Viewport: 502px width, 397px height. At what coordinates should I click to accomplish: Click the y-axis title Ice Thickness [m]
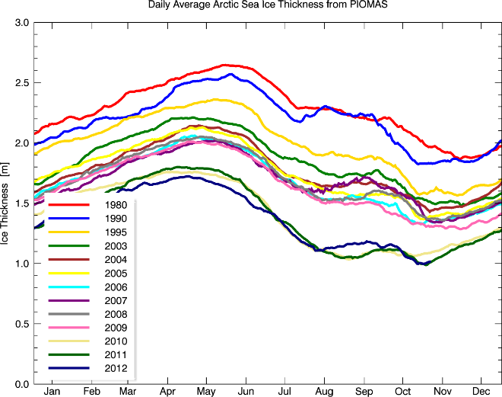pos(6,203)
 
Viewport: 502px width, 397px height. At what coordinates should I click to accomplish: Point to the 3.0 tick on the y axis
pos(21,23)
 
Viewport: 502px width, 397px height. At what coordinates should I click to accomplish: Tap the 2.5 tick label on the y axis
pos(21,83)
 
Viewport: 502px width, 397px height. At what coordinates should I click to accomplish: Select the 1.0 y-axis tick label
pos(21,264)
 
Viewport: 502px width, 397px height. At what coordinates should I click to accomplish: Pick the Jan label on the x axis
pos(52,391)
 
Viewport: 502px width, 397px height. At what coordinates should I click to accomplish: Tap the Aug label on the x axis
pos(325,391)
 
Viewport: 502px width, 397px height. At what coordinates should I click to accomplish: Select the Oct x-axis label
pos(403,391)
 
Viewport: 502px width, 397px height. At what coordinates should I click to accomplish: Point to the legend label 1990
pos(111,218)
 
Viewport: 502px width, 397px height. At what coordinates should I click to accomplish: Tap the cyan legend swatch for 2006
pos(66,287)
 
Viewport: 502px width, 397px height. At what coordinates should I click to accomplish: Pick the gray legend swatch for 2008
pos(66,314)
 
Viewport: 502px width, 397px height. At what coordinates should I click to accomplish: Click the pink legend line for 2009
pos(66,328)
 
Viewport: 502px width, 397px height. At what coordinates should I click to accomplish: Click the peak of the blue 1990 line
pos(230,74)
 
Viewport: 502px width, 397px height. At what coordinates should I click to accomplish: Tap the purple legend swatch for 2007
pos(66,300)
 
